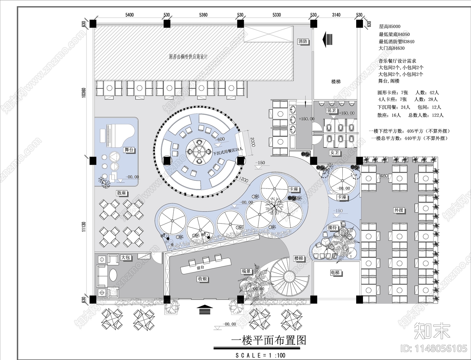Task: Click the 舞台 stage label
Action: [129, 150]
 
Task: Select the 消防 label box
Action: [303, 41]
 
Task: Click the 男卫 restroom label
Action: [332, 111]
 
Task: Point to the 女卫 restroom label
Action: [335, 153]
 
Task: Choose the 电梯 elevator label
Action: [335, 273]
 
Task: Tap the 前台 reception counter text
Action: [200, 268]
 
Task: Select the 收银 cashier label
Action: [203, 279]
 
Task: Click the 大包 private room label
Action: [126, 257]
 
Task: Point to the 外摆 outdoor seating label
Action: [399, 210]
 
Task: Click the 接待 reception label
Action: [332, 227]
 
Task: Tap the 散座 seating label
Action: [122, 193]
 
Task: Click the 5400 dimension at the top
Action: [130, 15]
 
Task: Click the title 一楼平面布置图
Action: [268, 340]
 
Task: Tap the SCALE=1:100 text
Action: [261, 355]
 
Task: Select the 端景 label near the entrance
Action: [246, 271]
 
